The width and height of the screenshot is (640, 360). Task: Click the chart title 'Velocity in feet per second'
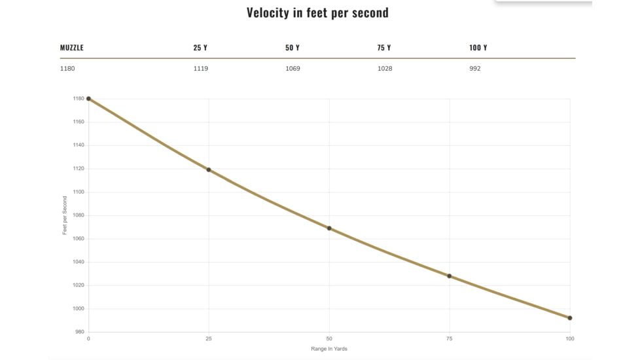tap(317, 12)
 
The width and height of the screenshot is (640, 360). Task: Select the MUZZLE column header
tap(72, 48)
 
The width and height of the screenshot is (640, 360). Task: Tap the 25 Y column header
tap(200, 48)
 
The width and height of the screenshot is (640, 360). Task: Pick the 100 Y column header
tap(478, 48)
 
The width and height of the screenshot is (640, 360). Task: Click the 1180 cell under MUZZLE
tap(67, 69)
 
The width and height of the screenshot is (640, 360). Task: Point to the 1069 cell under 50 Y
tap(293, 69)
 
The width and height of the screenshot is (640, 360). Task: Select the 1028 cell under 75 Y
tap(385, 69)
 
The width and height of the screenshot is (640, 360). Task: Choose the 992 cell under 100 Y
tap(474, 69)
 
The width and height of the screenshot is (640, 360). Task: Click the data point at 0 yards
tap(88, 99)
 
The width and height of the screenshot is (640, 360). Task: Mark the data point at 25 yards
tap(209, 170)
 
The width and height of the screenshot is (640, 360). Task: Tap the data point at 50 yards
tap(329, 228)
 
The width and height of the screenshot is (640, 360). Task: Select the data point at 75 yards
tap(450, 276)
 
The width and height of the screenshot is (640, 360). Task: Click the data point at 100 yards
tap(570, 318)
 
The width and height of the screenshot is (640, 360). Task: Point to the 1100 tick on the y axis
tap(79, 192)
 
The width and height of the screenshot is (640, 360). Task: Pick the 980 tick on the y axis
tap(80, 332)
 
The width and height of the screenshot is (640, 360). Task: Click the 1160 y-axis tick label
tap(79, 122)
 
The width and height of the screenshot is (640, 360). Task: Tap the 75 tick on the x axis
tap(450, 339)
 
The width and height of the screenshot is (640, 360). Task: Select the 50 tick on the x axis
tap(329, 339)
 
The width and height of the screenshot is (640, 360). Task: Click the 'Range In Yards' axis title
tap(329, 349)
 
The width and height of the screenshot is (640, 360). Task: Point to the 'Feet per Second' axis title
tap(65, 215)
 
